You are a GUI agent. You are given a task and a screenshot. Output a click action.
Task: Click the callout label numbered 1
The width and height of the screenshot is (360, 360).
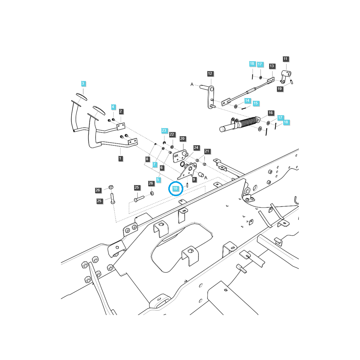121,158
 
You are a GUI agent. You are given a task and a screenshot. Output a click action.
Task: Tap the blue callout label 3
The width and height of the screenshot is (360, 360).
83,83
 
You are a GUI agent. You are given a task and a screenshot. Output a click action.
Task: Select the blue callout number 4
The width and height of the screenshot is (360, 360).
113,107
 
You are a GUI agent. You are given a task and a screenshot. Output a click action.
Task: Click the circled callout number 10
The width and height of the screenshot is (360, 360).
175,188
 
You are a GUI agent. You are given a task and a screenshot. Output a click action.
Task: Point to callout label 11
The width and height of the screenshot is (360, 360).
285,59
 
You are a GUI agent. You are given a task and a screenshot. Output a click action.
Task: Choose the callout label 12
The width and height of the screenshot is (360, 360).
210,73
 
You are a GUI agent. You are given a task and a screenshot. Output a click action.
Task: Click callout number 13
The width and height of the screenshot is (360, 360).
272,66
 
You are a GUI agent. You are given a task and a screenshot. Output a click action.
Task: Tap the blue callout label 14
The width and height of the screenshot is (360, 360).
247,100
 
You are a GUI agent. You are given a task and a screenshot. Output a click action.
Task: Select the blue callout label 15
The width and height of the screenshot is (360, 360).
255,103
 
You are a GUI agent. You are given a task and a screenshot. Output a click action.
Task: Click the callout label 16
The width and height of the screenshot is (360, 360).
271,113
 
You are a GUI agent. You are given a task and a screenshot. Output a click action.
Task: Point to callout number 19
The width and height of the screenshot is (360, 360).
280,89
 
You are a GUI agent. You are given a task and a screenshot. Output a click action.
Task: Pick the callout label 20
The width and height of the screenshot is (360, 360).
182,139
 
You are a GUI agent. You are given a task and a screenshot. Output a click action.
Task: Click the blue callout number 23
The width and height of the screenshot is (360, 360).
164,130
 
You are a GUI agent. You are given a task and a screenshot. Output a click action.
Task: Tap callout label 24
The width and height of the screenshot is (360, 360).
196,148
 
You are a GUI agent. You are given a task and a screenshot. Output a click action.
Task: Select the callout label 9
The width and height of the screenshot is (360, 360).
194,179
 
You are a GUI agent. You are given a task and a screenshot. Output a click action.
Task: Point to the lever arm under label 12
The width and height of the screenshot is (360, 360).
211,97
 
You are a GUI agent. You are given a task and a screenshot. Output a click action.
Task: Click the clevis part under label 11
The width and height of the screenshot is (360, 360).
286,75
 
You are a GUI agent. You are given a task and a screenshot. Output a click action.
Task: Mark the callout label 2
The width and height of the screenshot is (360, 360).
121,111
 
